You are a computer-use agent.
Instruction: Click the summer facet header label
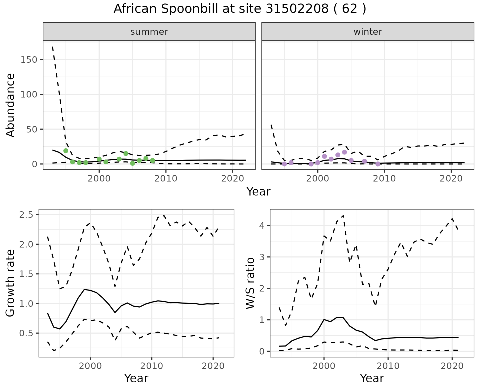tap(149, 32)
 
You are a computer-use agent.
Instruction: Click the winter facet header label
tap(368, 32)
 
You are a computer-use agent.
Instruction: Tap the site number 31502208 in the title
tap(297, 9)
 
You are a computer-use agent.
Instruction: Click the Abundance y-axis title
tap(10, 105)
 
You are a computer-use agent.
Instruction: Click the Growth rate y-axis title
tap(10, 283)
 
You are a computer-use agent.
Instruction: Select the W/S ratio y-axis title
tap(250, 283)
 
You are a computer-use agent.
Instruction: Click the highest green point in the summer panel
tap(66, 151)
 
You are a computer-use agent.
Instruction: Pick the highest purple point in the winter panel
tap(344, 152)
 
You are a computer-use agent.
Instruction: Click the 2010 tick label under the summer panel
tap(166, 178)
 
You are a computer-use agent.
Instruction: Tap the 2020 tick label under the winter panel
tap(451, 178)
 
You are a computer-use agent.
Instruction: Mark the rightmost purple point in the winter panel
tap(378, 164)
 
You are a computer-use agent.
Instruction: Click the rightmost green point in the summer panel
tap(152, 160)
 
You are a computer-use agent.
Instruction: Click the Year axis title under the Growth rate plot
tap(136, 378)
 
